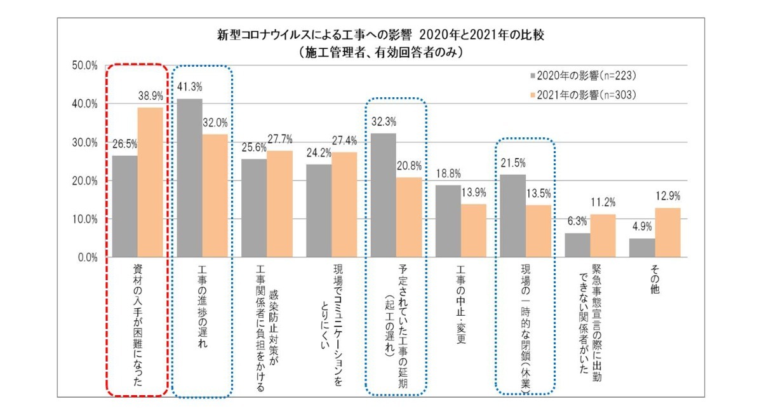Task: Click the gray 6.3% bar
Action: tap(577, 245)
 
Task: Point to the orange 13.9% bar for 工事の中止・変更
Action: tap(473, 231)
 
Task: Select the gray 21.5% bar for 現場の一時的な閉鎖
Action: tap(512, 216)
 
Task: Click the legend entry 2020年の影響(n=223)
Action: tap(582, 76)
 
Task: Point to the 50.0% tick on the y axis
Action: tap(83, 65)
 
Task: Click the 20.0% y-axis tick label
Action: tap(83, 180)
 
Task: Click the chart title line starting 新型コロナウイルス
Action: tap(380, 36)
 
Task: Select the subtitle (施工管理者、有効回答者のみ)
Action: tap(380, 53)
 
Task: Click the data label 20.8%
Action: tap(409, 166)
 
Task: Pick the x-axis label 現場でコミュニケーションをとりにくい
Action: tap(331, 311)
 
